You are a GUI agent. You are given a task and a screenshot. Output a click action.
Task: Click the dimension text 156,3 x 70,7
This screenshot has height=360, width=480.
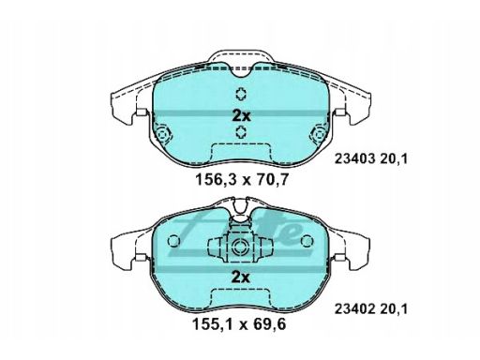[x=241, y=180]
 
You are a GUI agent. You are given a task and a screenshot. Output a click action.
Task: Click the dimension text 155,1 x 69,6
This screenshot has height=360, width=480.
[x=239, y=324]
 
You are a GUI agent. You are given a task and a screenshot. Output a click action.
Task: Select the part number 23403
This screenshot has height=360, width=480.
[x=354, y=159]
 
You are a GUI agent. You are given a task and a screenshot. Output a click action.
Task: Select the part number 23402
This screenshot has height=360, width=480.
[x=354, y=309]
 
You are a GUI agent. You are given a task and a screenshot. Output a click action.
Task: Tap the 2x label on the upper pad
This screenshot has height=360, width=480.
[x=241, y=116]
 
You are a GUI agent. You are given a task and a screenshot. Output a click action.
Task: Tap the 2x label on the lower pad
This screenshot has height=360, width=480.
[x=240, y=277]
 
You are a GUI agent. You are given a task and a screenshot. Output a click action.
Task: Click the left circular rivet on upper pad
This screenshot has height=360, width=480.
[x=162, y=134]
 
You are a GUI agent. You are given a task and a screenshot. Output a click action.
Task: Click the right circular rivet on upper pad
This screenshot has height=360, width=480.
[x=319, y=134]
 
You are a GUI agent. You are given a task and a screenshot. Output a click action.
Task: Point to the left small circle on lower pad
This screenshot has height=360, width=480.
[x=173, y=241]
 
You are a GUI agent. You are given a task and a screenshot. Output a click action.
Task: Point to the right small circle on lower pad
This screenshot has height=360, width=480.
[x=307, y=241]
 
